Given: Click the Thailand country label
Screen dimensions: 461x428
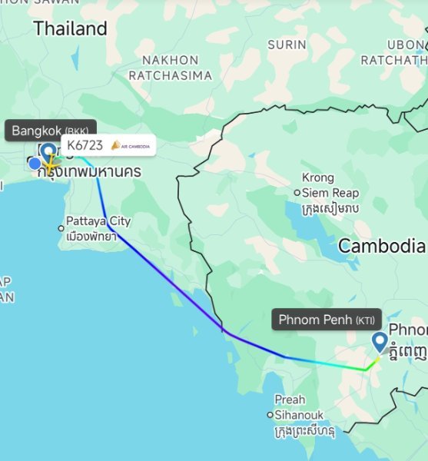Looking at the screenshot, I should pyautogui.click(x=70, y=29).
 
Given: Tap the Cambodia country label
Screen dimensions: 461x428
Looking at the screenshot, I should pyautogui.click(x=381, y=246).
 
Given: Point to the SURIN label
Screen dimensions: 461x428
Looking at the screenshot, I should pyautogui.click(x=287, y=45).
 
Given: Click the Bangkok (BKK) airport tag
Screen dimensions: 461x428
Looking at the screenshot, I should pyautogui.click(x=49, y=131).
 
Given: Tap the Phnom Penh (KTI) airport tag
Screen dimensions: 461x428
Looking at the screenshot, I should pyautogui.click(x=326, y=319).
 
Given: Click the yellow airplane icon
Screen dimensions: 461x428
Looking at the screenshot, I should pyautogui.click(x=51, y=163).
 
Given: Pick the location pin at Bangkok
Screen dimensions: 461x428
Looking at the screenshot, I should pyautogui.click(x=48, y=152).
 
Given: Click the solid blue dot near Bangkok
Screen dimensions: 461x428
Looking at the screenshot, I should pyautogui.click(x=35, y=163).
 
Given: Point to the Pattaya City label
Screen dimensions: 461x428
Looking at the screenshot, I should pyautogui.click(x=98, y=221).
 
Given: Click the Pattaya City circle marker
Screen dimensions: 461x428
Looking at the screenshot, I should pyautogui.click(x=61, y=227).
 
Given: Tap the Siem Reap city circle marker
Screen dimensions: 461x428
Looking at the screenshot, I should pyautogui.click(x=297, y=193).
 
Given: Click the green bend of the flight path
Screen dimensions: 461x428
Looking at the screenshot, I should pyautogui.click(x=367, y=368).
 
